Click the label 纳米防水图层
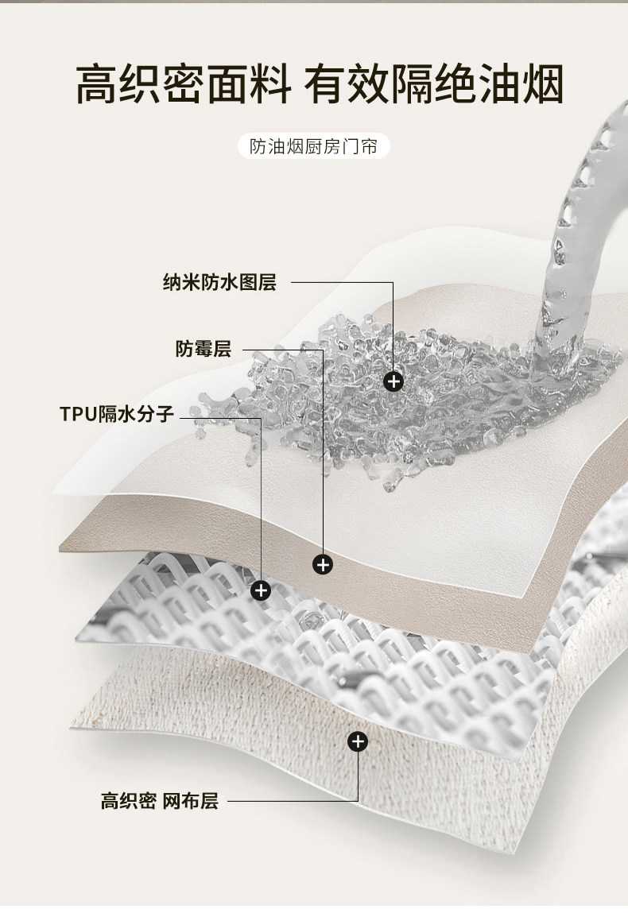point(219,282)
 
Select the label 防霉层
point(203,348)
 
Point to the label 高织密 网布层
point(159,801)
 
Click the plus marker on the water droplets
point(393,381)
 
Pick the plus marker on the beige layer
point(323,564)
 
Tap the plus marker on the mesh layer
point(261,590)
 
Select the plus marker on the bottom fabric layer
point(359,741)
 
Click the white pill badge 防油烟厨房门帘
point(314,147)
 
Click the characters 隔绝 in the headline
point(433,85)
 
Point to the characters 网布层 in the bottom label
point(190,801)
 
